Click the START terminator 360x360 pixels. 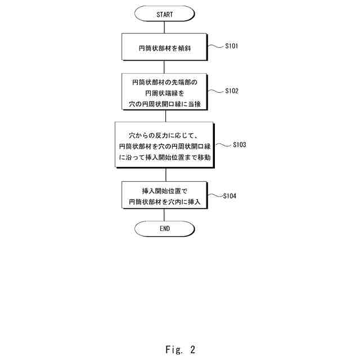pyautogui.click(x=165, y=13)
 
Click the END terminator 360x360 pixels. pyautogui.click(x=165, y=228)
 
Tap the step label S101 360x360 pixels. pyautogui.click(x=231, y=46)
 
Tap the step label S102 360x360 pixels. pyautogui.click(x=231, y=90)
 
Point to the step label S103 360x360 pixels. pyautogui.click(x=239, y=145)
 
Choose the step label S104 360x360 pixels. pyautogui.click(x=229, y=196)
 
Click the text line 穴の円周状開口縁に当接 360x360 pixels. pyautogui.click(x=165, y=103)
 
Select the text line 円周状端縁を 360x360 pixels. pyautogui.click(x=165, y=93)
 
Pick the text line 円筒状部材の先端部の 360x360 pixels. pyautogui.click(x=165, y=82)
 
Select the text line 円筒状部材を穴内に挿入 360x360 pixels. pyautogui.click(x=165, y=201)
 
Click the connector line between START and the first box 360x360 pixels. pyautogui.click(x=165, y=28)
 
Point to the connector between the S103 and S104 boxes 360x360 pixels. pyautogui.click(x=165, y=174)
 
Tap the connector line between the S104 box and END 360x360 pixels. pyautogui.click(x=165, y=215)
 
